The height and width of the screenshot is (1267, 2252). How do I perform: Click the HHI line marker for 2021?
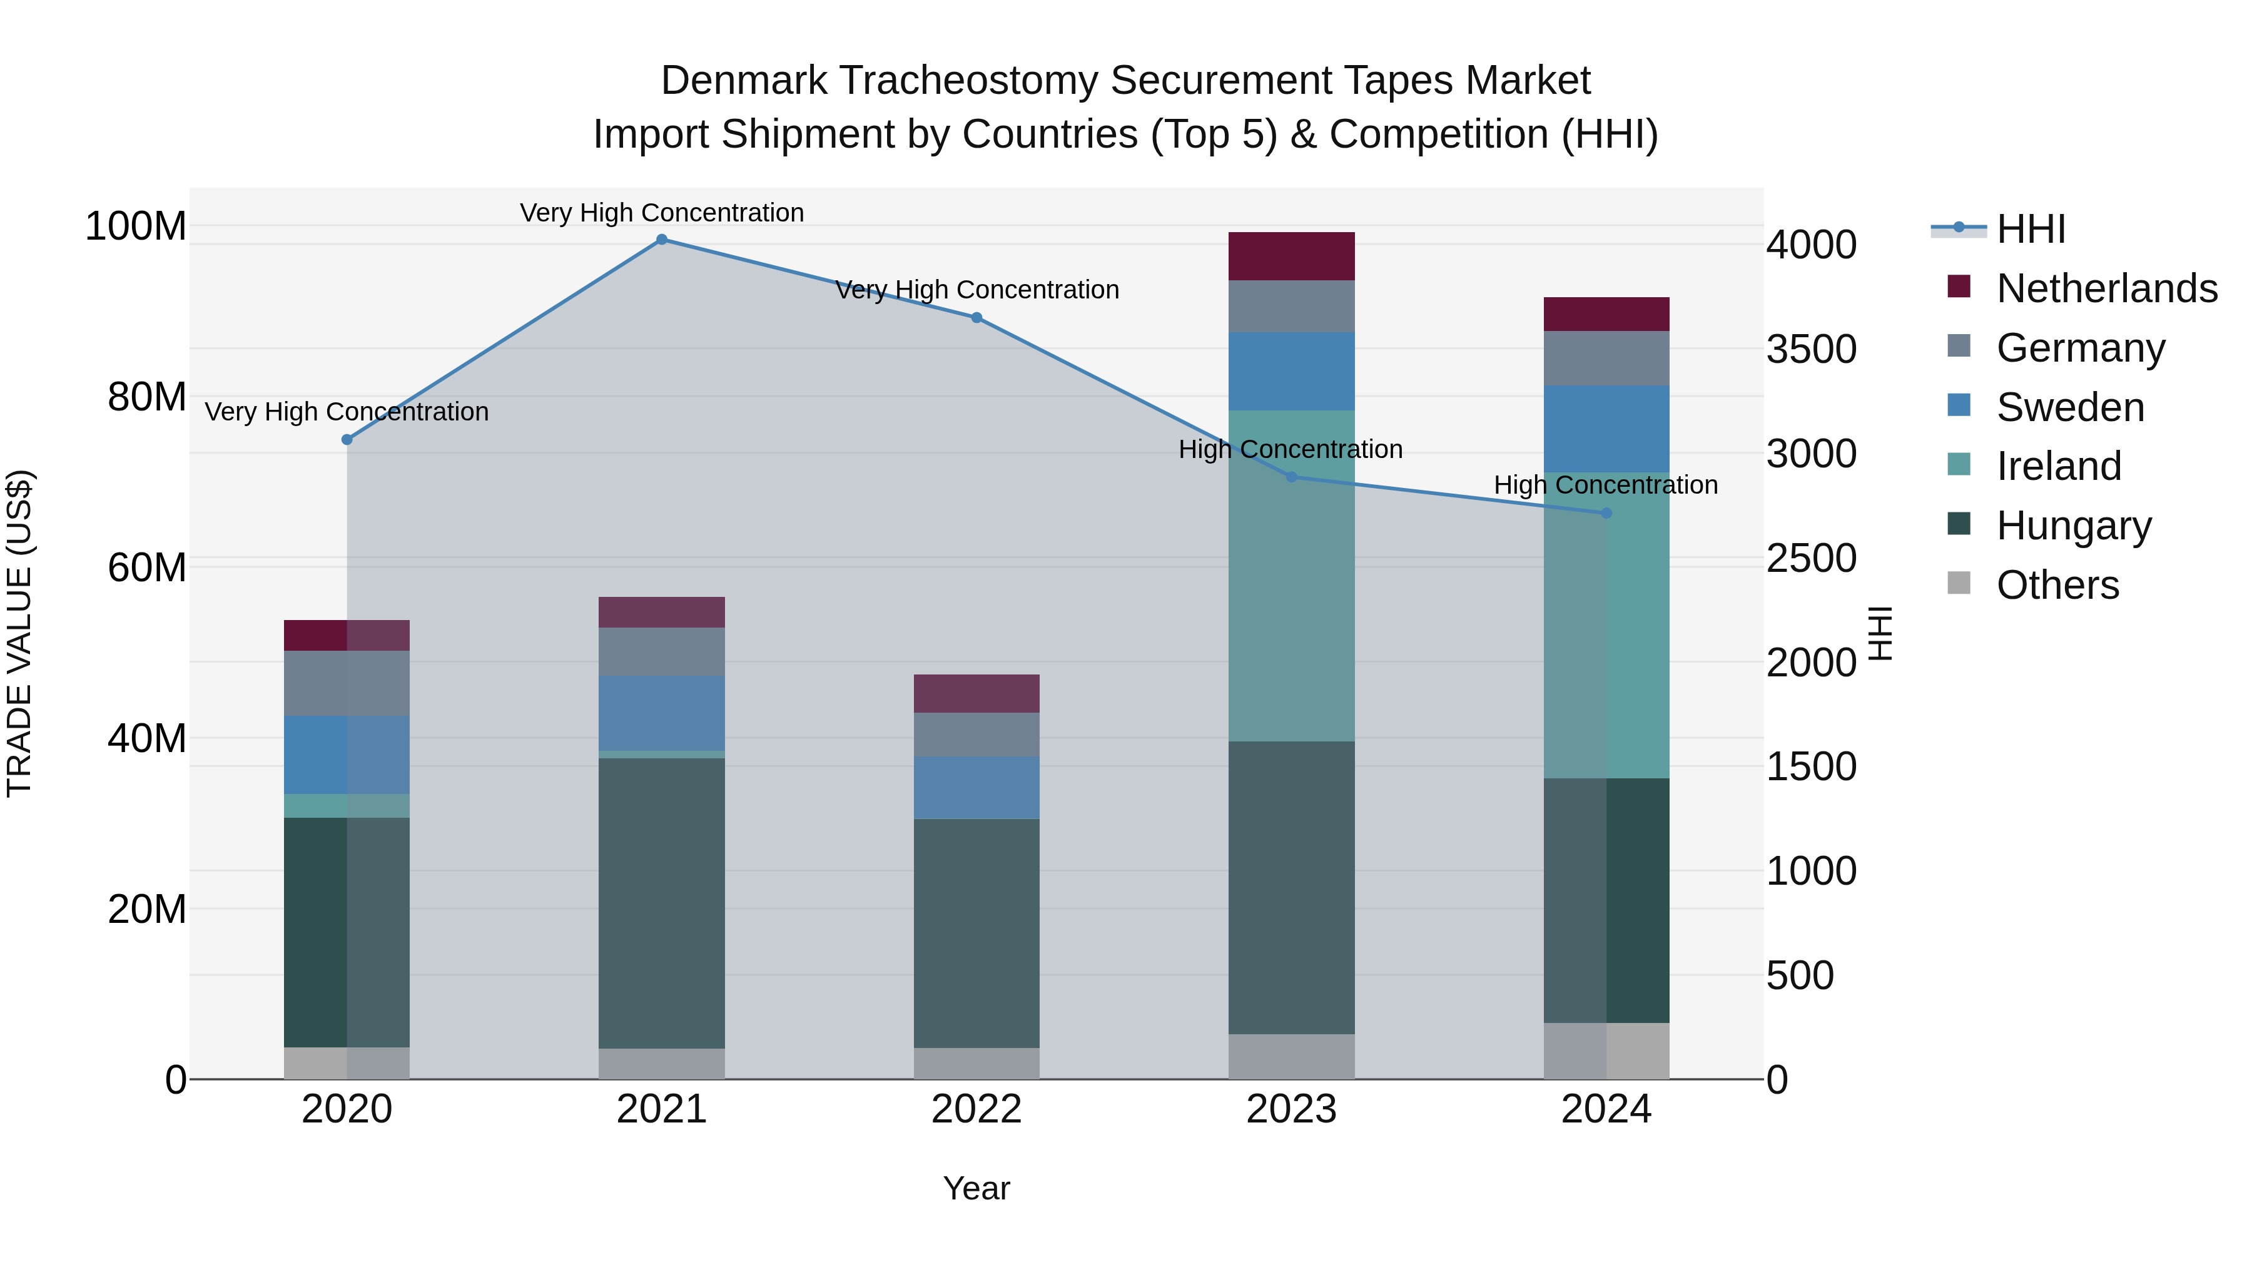[x=662, y=240]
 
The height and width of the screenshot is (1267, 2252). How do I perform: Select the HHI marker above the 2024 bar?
[x=1606, y=513]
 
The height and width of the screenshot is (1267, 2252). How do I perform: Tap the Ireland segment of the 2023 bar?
[x=1291, y=576]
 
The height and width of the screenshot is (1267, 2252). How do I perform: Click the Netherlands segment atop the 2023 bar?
[x=1291, y=256]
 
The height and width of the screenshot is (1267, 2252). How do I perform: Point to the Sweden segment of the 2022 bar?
[x=976, y=787]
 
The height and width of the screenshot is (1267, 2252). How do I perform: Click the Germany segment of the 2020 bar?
[x=347, y=683]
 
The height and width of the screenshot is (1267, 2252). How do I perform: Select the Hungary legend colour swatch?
[x=1959, y=525]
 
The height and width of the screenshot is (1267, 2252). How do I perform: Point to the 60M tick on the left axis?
[x=147, y=567]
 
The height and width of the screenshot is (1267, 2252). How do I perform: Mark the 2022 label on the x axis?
[x=976, y=1109]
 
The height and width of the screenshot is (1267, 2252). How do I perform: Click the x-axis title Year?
[x=976, y=1188]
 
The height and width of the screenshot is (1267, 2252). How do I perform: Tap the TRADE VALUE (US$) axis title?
[x=19, y=633]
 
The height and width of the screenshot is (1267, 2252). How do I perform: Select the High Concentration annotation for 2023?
[x=1291, y=449]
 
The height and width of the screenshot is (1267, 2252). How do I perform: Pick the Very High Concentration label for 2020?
[x=347, y=412]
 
